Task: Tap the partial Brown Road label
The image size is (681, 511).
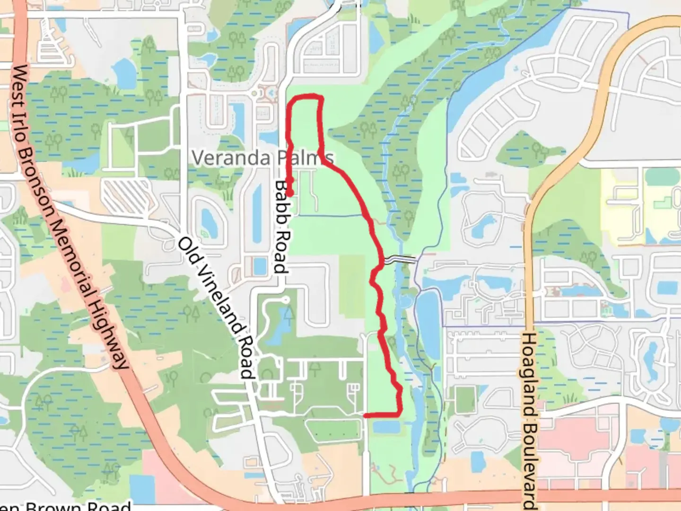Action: (66, 506)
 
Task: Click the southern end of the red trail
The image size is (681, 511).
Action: (366, 415)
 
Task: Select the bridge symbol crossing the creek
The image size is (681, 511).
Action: (400, 260)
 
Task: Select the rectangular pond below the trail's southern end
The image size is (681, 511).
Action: (385, 427)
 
